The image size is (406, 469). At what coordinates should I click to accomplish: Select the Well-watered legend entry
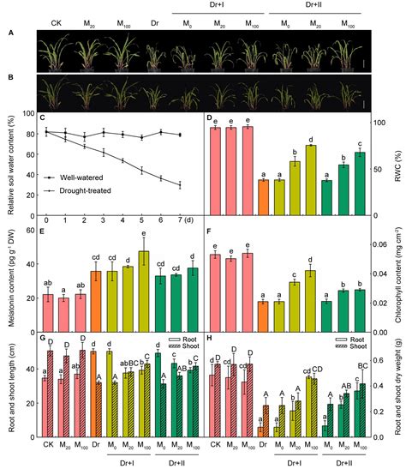[x=86, y=176]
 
